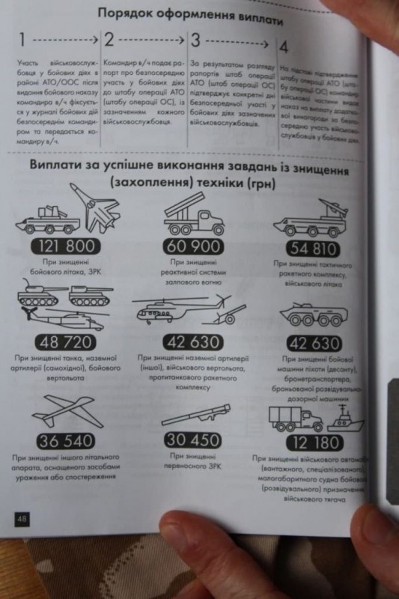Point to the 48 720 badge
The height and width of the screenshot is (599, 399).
click(x=64, y=344)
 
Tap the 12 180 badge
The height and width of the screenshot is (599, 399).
click(x=314, y=441)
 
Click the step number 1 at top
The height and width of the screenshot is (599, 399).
click(x=25, y=40)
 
